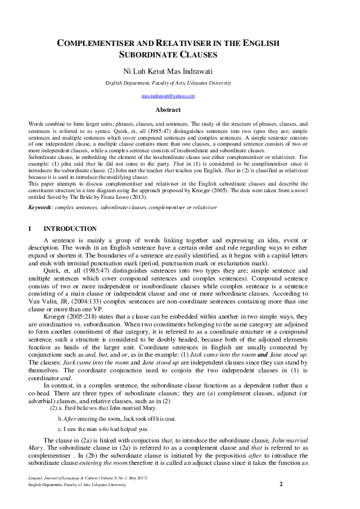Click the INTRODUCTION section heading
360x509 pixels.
(x=70, y=229)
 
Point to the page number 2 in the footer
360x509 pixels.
(x=281, y=484)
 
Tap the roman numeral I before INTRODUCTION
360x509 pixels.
(x=30, y=229)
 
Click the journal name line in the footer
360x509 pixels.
(x=88, y=478)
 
